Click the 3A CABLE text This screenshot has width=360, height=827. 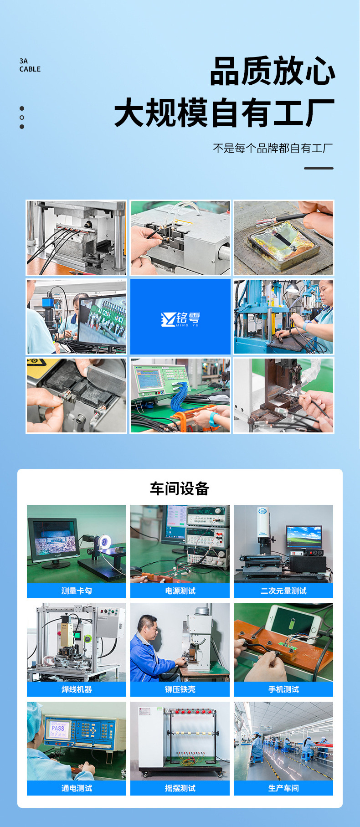[x=30, y=65]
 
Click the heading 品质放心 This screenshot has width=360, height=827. [x=273, y=71]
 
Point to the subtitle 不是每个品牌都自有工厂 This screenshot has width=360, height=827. [x=273, y=148]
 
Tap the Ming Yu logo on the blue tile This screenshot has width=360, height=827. [x=180, y=319]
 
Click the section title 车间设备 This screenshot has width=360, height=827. [x=180, y=488]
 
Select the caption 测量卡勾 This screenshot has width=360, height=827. [x=77, y=591]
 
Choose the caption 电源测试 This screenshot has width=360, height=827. [x=180, y=591]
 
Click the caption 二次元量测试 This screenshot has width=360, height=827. [x=283, y=591]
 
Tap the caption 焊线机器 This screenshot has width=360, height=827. [x=77, y=689]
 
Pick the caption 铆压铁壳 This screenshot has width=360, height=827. [x=180, y=689]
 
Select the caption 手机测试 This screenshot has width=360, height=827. [x=283, y=689]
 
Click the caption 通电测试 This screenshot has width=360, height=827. [x=77, y=788]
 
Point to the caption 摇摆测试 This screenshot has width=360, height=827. [x=180, y=788]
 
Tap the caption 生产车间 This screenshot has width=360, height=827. [x=283, y=788]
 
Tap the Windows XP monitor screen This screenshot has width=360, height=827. [x=303, y=537]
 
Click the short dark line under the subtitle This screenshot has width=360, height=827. [x=319, y=168]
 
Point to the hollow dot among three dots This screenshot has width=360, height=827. [x=22, y=118]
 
